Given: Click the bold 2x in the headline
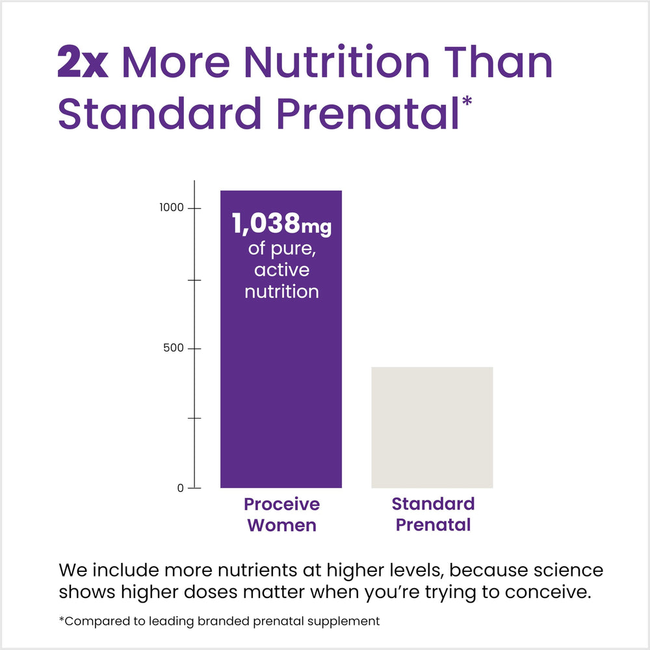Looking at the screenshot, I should tap(83, 63).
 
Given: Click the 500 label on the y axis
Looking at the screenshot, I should tap(174, 348).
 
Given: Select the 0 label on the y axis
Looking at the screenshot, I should tap(182, 488).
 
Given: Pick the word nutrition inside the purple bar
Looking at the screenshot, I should tap(281, 292).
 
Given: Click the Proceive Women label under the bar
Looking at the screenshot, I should tap(281, 514).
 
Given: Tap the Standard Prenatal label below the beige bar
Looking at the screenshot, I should tap(433, 514).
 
